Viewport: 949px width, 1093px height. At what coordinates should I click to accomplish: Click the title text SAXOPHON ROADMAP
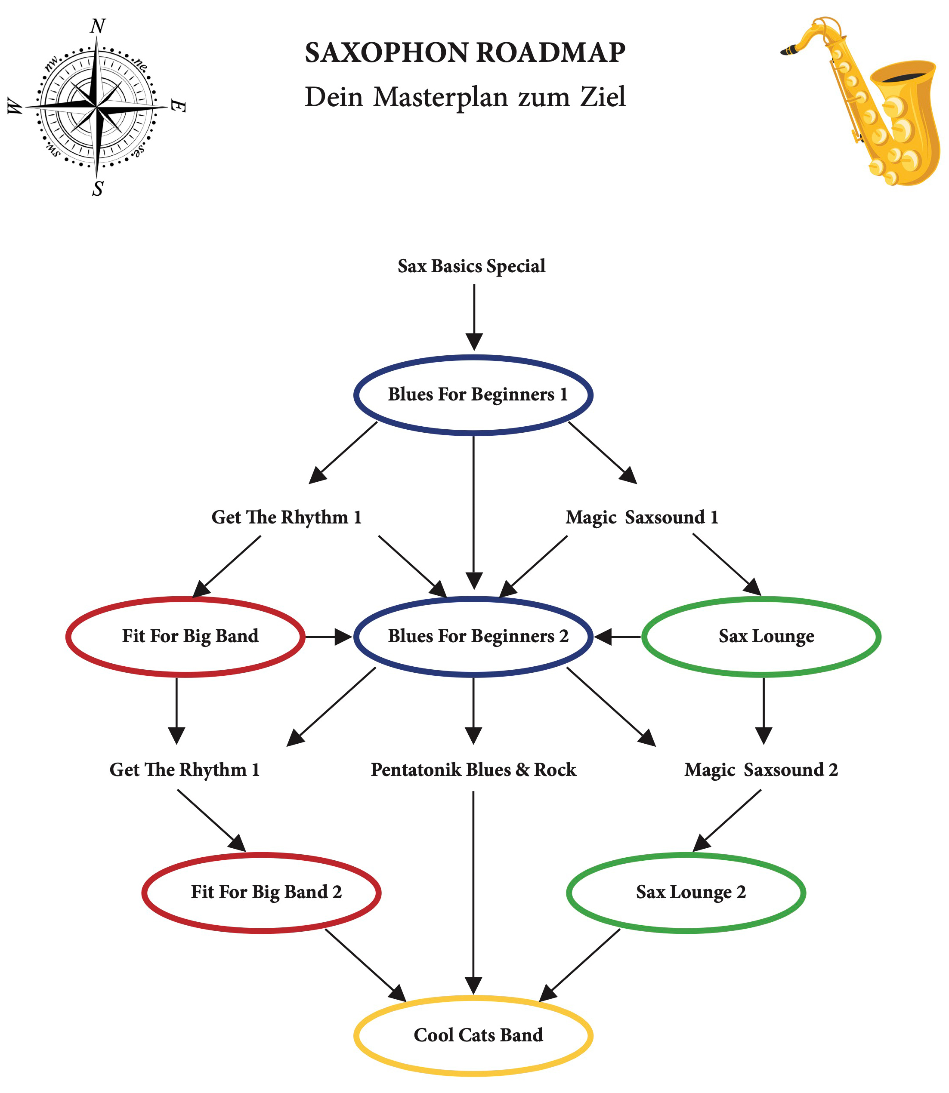tap(465, 53)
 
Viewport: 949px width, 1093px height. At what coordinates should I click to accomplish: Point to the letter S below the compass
tap(97, 189)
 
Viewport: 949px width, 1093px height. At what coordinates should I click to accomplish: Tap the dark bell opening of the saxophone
tap(908, 77)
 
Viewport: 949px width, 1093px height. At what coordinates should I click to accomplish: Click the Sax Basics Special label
tap(471, 266)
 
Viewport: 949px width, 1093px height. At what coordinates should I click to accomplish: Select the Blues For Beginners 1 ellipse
tap(473, 395)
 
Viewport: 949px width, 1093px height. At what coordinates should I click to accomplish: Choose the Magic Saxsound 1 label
tap(642, 517)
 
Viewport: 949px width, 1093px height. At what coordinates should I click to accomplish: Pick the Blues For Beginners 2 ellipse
tap(473, 636)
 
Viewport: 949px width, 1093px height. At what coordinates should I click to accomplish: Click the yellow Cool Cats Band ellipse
tap(473, 1035)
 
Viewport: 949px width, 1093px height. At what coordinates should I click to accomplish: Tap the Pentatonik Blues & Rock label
tap(473, 770)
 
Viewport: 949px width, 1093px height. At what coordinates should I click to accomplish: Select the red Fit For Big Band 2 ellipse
tap(261, 892)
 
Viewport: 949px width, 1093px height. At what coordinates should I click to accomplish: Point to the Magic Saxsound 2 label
tap(761, 770)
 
